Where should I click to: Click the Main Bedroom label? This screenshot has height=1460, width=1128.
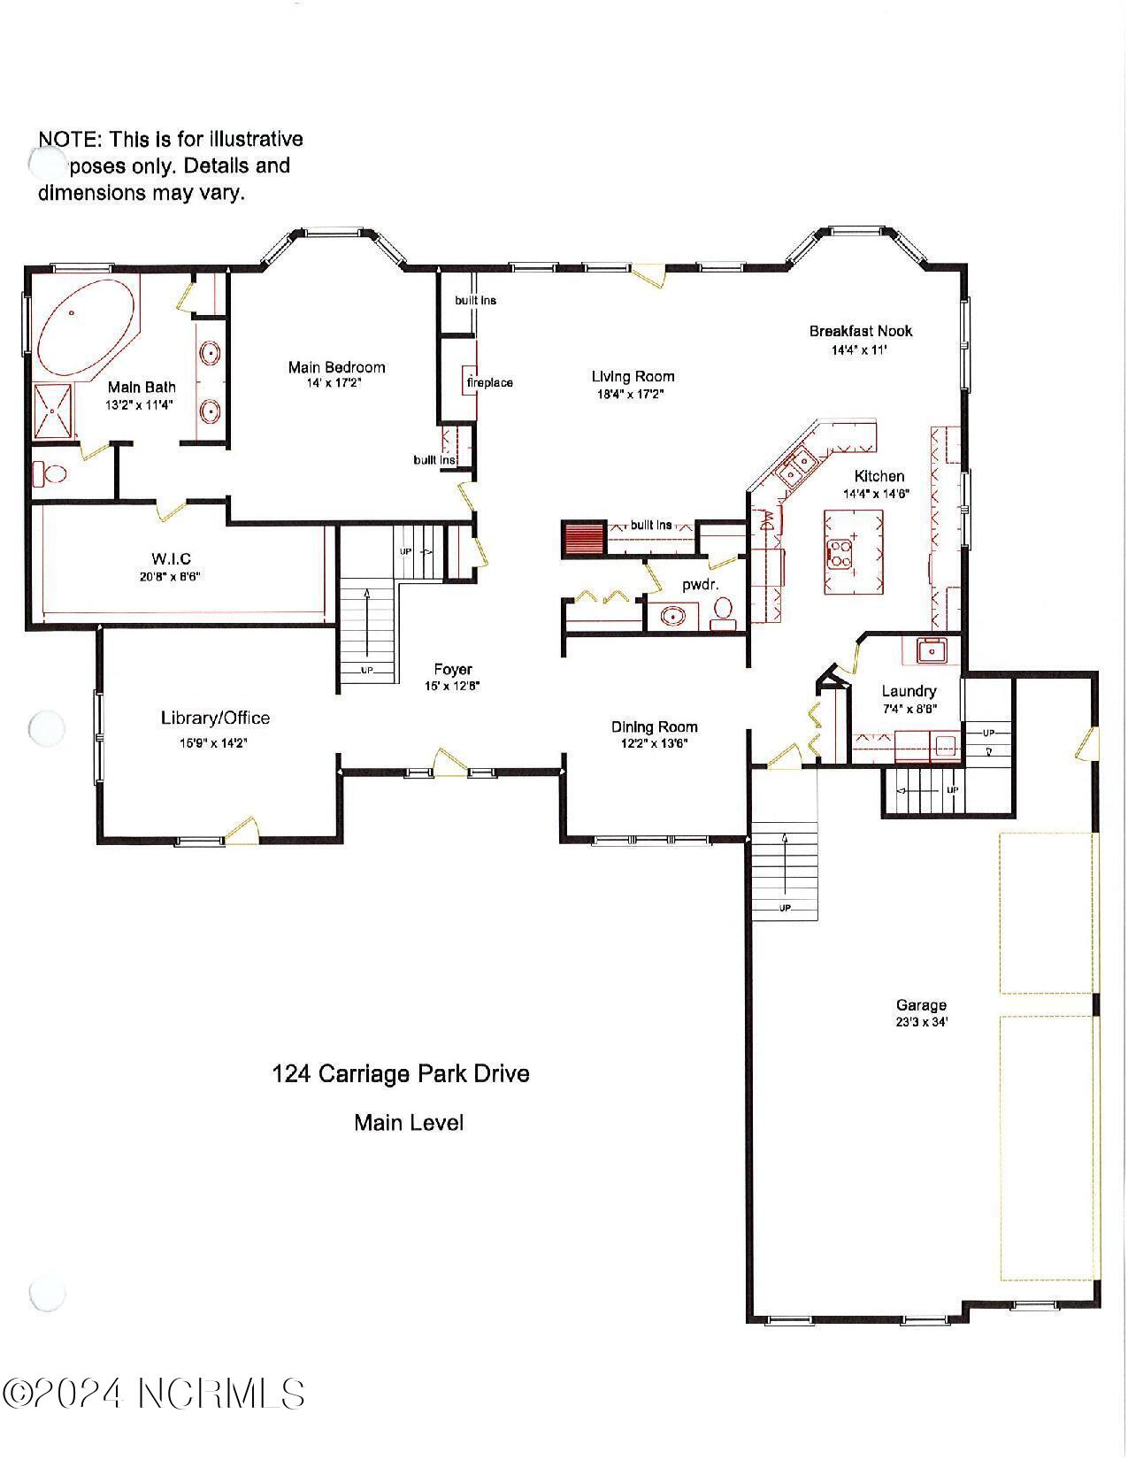pos(336,367)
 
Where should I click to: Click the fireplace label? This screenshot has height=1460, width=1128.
pos(489,383)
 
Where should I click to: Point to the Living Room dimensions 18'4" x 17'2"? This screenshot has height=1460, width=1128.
pos(632,395)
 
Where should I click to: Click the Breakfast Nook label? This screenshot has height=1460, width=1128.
pos(860,331)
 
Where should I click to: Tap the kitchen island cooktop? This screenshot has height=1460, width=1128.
pos(839,555)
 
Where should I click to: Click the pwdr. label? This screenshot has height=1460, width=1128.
pos(699,585)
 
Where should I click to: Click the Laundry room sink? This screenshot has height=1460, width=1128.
pos(931,651)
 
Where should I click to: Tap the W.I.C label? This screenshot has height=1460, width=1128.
pos(171,558)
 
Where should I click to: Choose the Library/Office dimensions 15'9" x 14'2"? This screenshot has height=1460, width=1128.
pos(214,743)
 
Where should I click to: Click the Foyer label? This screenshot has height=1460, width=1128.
pos(452,670)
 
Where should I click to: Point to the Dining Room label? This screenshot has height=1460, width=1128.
pos(654,727)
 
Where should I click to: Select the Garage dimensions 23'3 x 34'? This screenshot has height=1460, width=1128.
pos(921,1022)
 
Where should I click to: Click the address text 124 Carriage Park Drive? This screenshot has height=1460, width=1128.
pos(400,1074)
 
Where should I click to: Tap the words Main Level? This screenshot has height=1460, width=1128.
pos(409,1123)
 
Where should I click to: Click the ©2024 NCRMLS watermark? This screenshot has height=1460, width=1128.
pos(154,1394)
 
